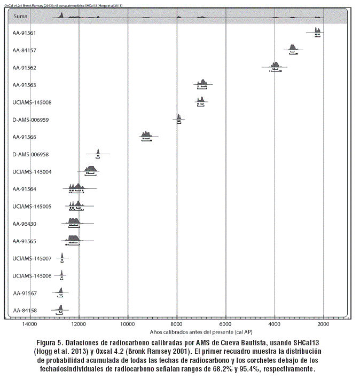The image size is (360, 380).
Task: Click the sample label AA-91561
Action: coord(25,33)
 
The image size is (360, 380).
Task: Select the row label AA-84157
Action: coord(25,50)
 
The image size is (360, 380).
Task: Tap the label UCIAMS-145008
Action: coord(32,102)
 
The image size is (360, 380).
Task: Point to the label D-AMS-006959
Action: coord(30,120)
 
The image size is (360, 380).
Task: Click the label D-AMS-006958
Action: coord(30,154)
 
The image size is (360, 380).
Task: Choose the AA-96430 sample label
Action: coord(25,224)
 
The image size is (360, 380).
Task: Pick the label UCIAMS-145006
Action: coord(32,276)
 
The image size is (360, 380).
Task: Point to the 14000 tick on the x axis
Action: coord(29,323)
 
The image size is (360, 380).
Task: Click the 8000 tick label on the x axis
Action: coord(177,323)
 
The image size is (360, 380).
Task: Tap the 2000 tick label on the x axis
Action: coord(323,323)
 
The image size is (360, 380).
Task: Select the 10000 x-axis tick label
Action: coord(128,323)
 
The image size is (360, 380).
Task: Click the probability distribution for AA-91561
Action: coord(317,30)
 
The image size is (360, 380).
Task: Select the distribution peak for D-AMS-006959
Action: coord(179,117)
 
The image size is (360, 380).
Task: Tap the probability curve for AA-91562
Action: coord(275,65)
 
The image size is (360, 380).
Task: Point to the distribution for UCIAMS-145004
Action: coord(90,169)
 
